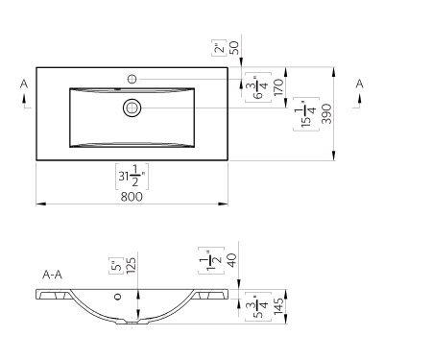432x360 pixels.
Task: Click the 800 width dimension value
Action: click(132, 197)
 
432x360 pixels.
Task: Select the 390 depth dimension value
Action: click(326, 113)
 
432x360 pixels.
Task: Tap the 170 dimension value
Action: click(278, 87)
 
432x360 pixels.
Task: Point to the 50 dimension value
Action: click(234, 47)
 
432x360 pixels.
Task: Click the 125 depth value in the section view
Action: click(132, 266)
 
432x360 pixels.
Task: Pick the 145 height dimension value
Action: click(278, 306)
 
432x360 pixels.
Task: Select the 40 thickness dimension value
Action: click(231, 260)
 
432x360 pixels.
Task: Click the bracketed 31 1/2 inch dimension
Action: click(132, 177)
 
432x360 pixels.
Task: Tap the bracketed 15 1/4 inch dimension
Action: click(306, 114)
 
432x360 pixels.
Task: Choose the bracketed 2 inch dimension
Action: click(219, 48)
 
